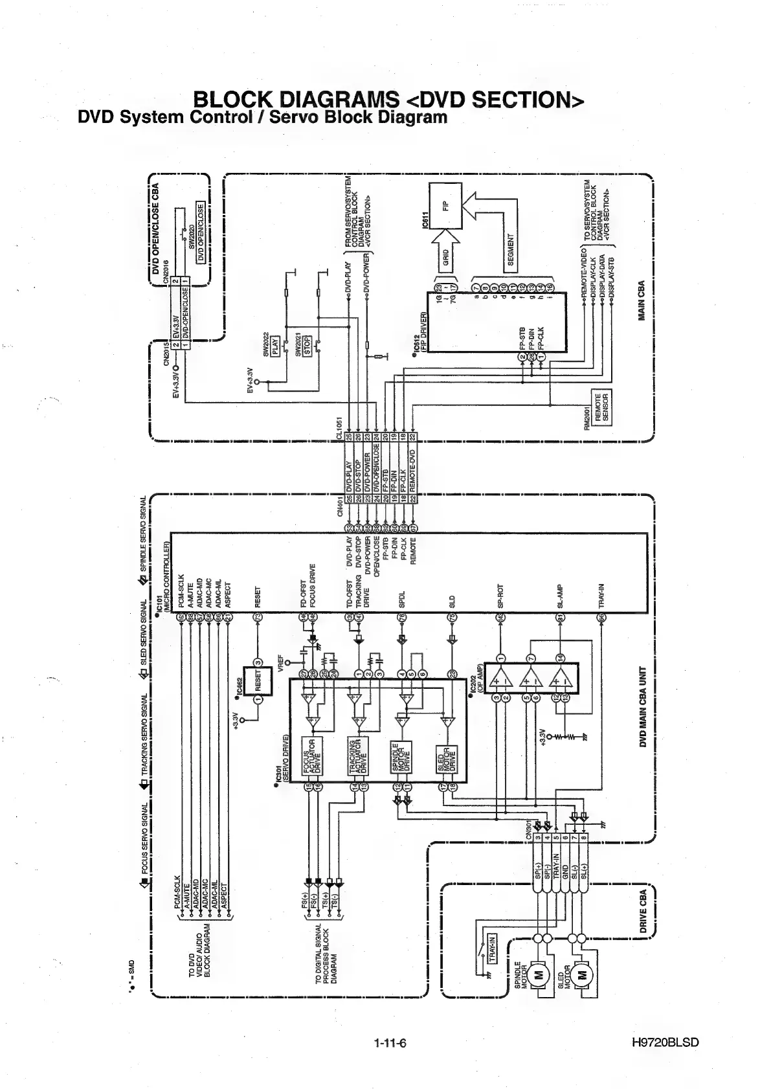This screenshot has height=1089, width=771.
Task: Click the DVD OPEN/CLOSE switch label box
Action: [200, 232]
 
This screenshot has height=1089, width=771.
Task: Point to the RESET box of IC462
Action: [258, 680]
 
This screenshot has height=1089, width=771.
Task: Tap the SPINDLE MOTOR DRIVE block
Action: [397, 754]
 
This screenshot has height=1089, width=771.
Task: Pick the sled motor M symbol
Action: [582, 975]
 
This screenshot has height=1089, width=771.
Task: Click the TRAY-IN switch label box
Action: [491, 949]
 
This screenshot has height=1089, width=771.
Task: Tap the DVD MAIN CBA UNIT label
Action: [643, 706]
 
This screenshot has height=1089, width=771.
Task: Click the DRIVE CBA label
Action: [643, 912]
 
